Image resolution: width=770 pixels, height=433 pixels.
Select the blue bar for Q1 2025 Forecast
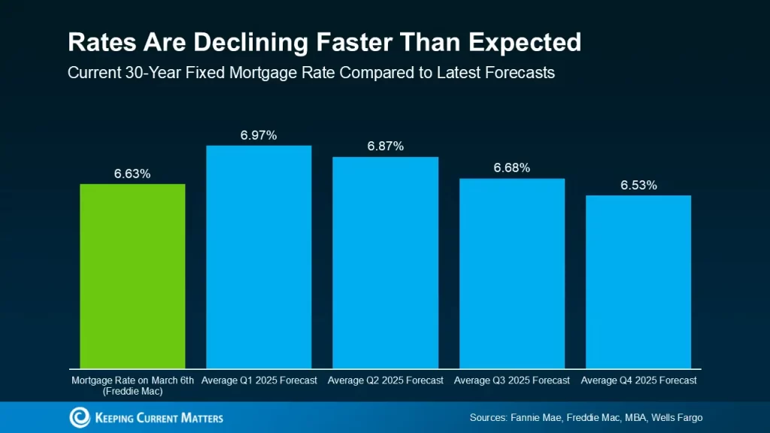[x=259, y=256]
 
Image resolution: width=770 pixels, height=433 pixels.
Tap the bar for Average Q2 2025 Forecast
[x=385, y=262]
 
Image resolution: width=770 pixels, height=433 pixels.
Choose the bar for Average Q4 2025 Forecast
[x=638, y=282]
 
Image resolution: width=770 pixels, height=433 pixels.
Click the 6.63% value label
[x=132, y=174]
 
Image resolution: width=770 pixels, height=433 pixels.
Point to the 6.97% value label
[x=259, y=135]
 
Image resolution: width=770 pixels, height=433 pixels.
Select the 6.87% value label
[x=385, y=147]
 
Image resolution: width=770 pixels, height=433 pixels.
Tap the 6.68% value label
[x=512, y=168]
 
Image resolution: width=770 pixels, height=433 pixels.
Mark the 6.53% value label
[x=638, y=185]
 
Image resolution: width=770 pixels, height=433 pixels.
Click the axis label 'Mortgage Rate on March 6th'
[x=132, y=380]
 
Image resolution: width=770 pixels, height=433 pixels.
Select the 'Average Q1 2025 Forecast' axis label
[x=259, y=380]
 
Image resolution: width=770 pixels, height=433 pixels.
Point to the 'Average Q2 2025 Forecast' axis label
[x=385, y=380]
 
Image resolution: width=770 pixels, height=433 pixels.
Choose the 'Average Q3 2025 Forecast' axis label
[x=512, y=380]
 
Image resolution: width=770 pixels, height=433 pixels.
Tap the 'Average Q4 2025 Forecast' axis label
[x=638, y=380]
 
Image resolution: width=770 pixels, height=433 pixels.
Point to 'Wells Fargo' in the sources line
[x=678, y=418]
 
